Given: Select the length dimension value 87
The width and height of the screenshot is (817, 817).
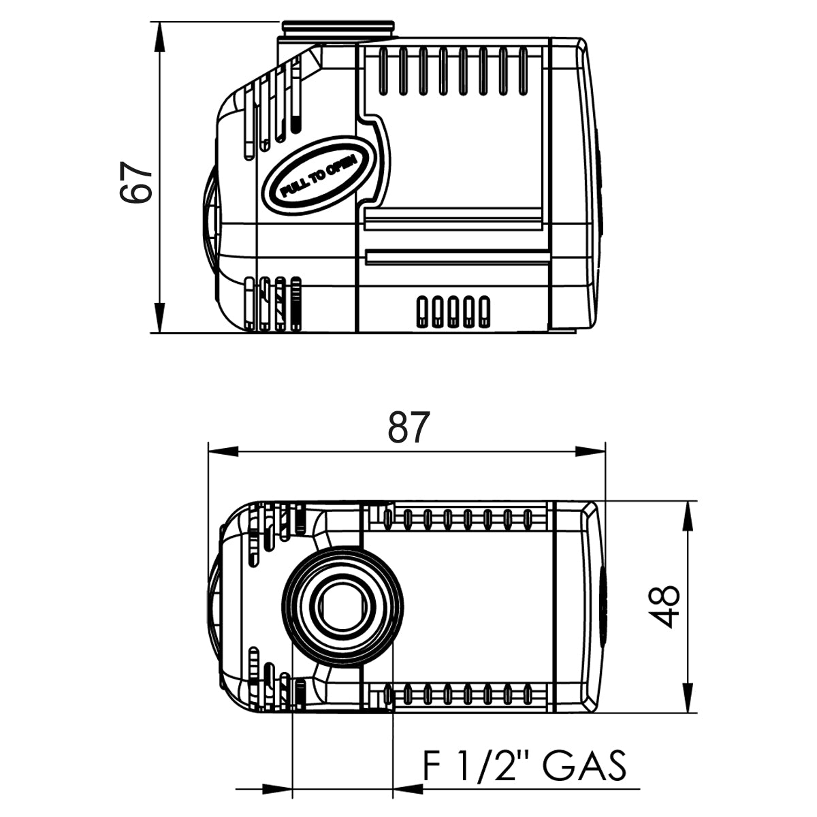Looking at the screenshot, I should pos(409,428).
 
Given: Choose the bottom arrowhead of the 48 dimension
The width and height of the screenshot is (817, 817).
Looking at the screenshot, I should pos(690,698).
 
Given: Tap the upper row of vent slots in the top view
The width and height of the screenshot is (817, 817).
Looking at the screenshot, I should pos(456,519).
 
